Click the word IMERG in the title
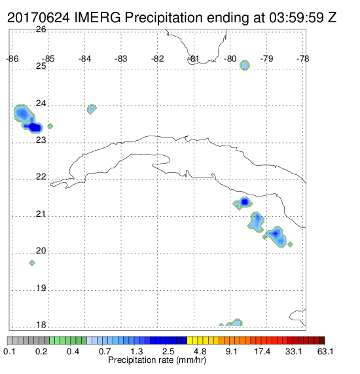click(x=98, y=18)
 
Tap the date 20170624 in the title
click(x=39, y=18)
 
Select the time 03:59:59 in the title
click(x=297, y=18)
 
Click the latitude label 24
click(x=41, y=103)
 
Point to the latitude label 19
click(x=41, y=288)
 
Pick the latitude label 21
click(x=41, y=214)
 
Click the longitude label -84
click(x=84, y=59)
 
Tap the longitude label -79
click(x=266, y=59)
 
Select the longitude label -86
click(x=12, y=59)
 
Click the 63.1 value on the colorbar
click(x=325, y=351)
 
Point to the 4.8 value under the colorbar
click(x=200, y=351)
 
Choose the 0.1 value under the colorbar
click(x=9, y=351)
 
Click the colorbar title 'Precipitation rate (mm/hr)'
click(x=157, y=360)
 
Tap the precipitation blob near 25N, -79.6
click(x=245, y=65)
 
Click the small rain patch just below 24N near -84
click(x=92, y=109)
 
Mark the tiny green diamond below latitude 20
click(x=32, y=263)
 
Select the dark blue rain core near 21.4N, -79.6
click(x=245, y=202)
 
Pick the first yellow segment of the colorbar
click(x=190, y=341)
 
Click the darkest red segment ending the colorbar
click(x=322, y=341)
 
